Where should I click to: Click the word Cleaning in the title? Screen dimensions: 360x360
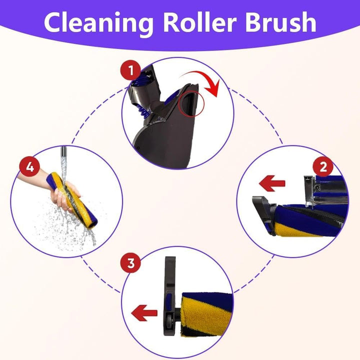[x=98, y=23]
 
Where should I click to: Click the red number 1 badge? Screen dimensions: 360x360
[x=130, y=70]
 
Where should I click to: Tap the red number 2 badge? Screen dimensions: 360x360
[x=323, y=166]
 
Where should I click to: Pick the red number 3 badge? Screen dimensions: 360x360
[x=130, y=262]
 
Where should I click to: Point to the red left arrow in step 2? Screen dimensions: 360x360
[x=272, y=183]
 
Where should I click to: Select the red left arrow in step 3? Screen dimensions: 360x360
[x=144, y=313]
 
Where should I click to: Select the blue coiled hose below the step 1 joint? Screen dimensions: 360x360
[x=142, y=110]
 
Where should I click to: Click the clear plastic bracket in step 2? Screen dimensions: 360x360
[x=310, y=191]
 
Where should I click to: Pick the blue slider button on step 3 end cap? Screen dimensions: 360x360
[x=169, y=300]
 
